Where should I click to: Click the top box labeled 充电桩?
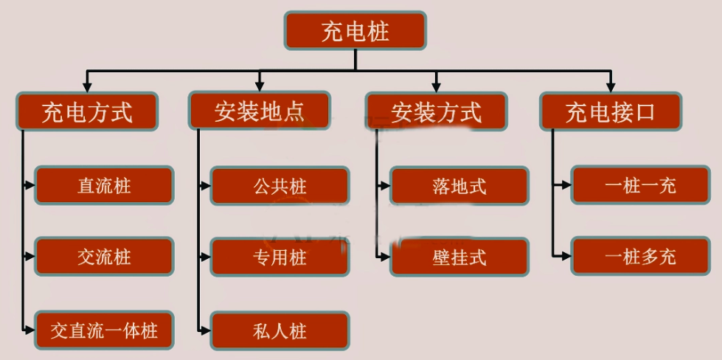pyautogui.click(x=355, y=31)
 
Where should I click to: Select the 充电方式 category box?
pyautogui.click(x=87, y=112)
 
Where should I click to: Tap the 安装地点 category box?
pyautogui.click(x=260, y=112)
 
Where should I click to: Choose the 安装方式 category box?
pyautogui.click(x=436, y=112)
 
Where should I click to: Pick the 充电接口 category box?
pyautogui.click(x=610, y=112)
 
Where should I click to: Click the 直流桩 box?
pyautogui.click(x=104, y=185)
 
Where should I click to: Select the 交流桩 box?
pyautogui.click(x=104, y=257)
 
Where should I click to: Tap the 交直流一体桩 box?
pyautogui.click(x=104, y=329)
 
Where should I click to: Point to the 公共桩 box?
pyautogui.click(x=280, y=185)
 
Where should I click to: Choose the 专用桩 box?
pyautogui.click(x=280, y=257)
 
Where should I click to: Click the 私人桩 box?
pyautogui.click(x=280, y=330)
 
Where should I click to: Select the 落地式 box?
pyautogui.click(x=459, y=185)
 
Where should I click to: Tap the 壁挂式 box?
pyautogui.click(x=459, y=257)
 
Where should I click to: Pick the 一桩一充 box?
pyautogui.click(x=640, y=185)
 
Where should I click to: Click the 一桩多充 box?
pyautogui.click(x=640, y=257)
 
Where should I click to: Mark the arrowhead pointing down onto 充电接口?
pyautogui.click(x=610, y=86)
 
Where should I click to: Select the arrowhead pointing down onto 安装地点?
pyautogui.click(x=260, y=86)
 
